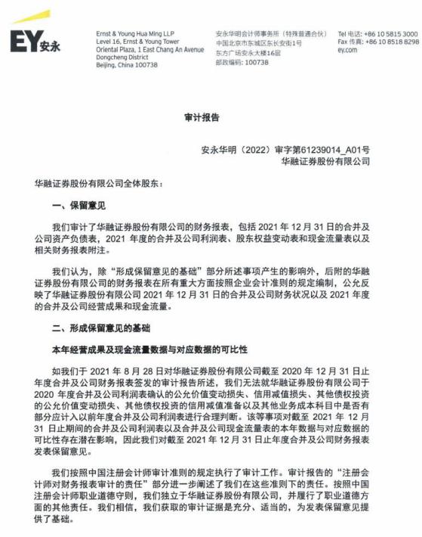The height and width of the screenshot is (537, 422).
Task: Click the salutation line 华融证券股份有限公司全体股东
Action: (x=97, y=183)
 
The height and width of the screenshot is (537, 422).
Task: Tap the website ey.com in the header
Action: (x=347, y=51)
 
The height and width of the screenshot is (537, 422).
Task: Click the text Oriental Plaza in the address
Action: (x=117, y=50)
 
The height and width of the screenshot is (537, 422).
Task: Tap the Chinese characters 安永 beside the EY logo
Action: (x=50, y=45)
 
